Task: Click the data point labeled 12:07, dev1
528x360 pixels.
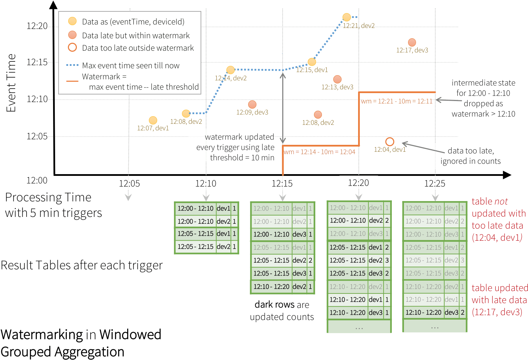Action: tap(153, 120)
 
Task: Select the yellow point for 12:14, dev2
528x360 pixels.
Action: tap(231, 70)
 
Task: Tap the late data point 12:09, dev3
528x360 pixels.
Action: tap(252, 104)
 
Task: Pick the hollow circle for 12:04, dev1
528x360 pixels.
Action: tap(390, 142)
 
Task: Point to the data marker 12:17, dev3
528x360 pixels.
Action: tap(412, 42)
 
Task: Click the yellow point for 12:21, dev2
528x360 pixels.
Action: tap(346, 17)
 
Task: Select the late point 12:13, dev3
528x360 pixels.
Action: tap(337, 79)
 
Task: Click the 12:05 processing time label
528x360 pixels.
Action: tap(130, 183)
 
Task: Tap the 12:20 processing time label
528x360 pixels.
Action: tap(358, 183)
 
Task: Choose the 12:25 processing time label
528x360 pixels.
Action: tap(435, 183)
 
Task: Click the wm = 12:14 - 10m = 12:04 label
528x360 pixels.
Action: tap(319, 152)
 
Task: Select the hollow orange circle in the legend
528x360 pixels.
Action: tap(72, 48)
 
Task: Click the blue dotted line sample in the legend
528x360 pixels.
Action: tap(72, 65)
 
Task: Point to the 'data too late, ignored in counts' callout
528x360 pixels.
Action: tap(470, 156)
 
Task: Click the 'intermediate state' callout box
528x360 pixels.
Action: tap(483, 98)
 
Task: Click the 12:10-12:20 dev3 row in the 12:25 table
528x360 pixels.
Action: tap(435, 312)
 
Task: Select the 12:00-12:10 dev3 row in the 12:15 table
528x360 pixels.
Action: tap(283, 234)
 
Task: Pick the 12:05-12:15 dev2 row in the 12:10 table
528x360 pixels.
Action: tap(206, 247)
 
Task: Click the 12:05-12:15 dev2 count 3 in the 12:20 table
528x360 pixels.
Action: tap(387, 260)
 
